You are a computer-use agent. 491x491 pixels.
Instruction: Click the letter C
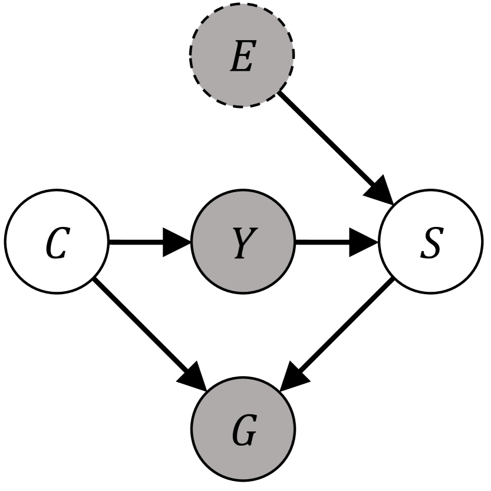click(x=57, y=247)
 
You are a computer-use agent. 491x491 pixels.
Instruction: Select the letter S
click(x=430, y=247)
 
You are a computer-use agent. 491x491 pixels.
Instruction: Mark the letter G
click(x=243, y=435)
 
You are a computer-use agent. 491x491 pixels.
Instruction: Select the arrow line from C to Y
click(x=136, y=242)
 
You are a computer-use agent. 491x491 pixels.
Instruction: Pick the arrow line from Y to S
click(x=321, y=242)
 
